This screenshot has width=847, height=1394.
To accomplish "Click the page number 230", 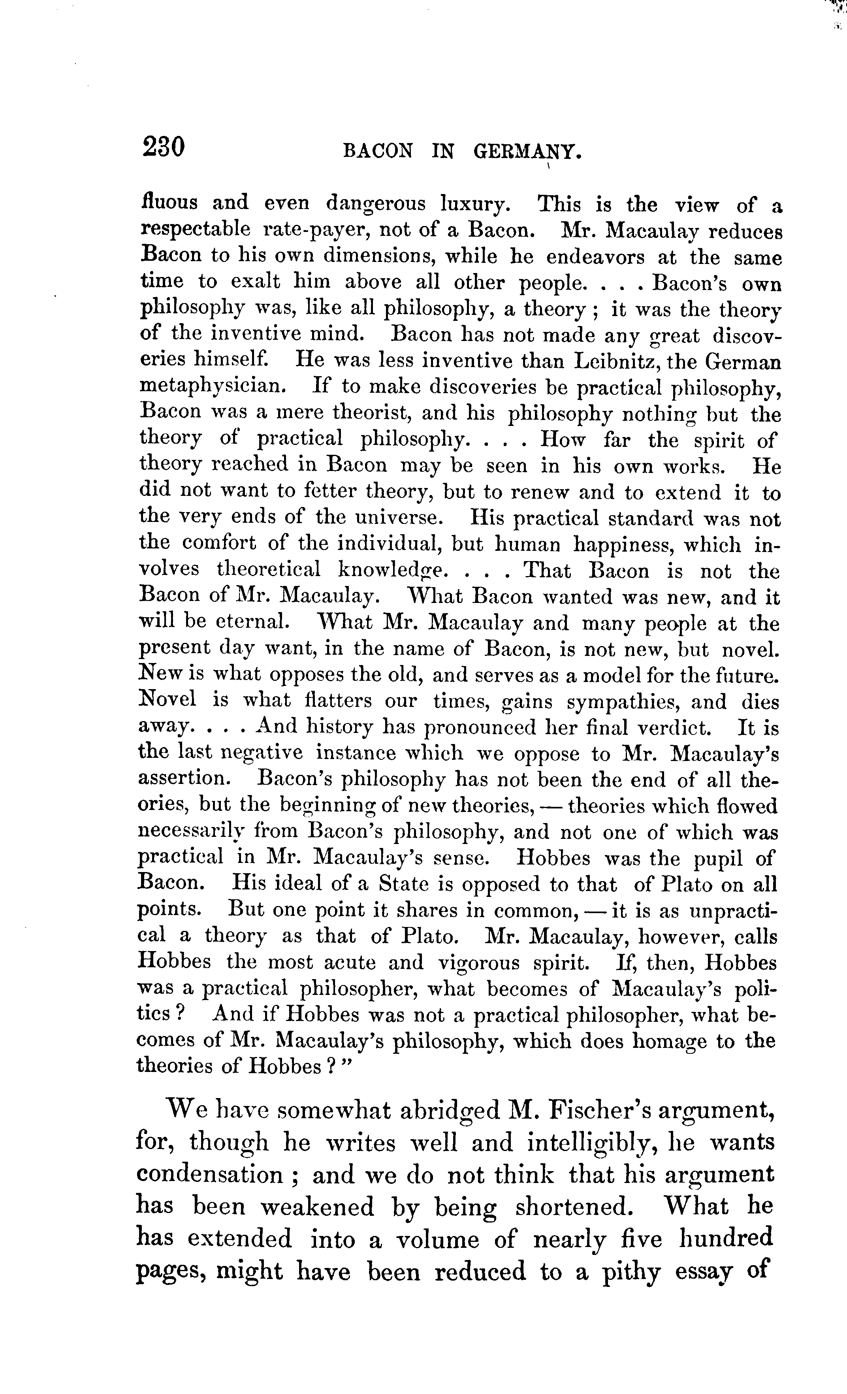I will click(164, 148).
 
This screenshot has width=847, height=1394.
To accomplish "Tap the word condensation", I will click(209, 1175).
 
